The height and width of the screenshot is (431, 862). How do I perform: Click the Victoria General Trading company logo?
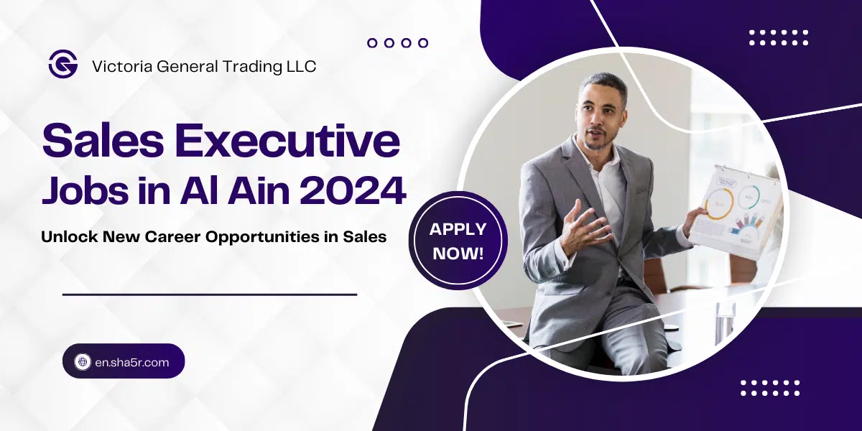pos(62,65)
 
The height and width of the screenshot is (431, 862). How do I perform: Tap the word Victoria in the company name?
pos(119,66)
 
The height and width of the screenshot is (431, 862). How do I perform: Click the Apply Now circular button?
pos(458,241)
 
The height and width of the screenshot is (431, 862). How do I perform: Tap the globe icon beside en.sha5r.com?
pos(82,362)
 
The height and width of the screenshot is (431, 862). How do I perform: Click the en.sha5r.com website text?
pos(132,362)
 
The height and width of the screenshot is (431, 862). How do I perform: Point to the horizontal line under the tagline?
pos(210,295)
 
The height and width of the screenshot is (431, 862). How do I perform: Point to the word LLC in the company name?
pos(300,66)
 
